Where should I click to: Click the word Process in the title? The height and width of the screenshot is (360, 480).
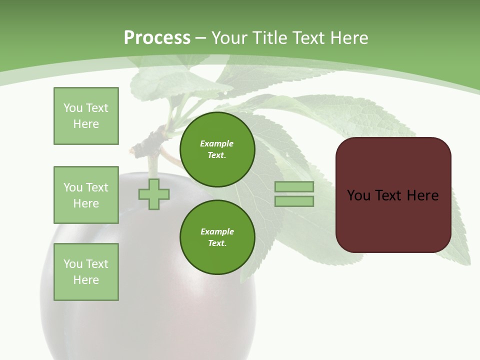coord(157,37)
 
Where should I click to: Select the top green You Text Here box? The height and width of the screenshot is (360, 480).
coord(86,116)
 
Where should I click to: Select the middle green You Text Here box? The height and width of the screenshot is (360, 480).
coord(86,195)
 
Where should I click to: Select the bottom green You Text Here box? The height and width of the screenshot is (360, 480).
coord(86,272)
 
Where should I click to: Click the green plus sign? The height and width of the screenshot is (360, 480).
coord(154,194)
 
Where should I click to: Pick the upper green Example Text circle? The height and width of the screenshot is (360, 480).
coord(217,149)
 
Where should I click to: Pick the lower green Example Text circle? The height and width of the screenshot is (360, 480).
coord(217,237)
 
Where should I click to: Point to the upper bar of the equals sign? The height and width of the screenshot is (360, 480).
coord(294,187)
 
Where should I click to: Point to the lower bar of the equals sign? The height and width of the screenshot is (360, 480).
coord(294,201)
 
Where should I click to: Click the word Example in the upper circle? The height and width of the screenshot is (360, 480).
coord(216,143)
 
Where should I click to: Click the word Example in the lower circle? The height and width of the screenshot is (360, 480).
coord(217,231)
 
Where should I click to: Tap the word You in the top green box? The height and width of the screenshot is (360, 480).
coord(73,108)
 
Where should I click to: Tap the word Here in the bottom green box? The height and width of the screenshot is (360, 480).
coord(86,280)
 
